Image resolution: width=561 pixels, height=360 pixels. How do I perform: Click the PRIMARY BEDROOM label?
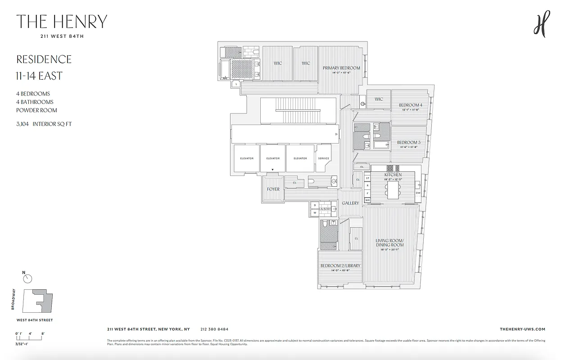pos(341,68)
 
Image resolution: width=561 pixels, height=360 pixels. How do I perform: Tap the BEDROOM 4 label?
pos(410,105)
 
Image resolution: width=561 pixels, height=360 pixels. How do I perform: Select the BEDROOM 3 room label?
pos(408,142)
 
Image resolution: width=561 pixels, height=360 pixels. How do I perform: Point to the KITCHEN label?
pos(393,175)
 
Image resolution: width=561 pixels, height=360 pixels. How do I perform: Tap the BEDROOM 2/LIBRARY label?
pos(340,266)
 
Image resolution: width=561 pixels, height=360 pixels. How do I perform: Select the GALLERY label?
pos(350,203)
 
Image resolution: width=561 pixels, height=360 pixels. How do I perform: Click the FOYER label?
pos(273,189)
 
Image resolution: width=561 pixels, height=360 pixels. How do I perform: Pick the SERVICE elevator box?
pos(323,158)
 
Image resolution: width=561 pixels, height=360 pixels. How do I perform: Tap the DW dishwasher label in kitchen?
pos(418,193)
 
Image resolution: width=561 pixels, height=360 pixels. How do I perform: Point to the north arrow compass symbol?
pos(28,279)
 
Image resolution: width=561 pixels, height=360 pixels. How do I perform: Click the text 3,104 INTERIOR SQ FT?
pos(44,124)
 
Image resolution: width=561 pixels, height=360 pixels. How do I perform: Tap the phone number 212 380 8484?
pos(214,329)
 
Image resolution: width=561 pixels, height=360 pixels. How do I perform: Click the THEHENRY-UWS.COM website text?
pos(522,329)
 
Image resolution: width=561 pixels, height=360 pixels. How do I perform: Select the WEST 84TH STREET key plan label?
pos(34,320)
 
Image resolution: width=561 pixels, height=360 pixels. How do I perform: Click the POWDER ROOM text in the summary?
pos(37,110)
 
